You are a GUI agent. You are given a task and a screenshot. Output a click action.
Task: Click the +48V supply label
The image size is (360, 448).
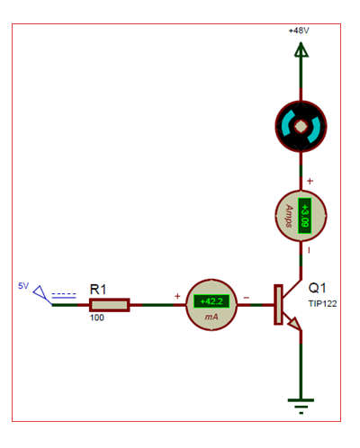pos(299,31)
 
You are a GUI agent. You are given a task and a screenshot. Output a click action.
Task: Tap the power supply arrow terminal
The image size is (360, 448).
pos(301,49)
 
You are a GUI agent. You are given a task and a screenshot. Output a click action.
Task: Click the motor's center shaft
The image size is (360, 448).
pos(301,127)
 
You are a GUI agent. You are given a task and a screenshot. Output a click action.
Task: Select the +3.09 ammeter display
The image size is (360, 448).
pos(305,215)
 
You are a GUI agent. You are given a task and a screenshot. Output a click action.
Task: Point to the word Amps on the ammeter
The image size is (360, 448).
pos(290,216)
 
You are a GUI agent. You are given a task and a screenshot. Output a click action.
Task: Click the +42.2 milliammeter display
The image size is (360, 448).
pos(211,301)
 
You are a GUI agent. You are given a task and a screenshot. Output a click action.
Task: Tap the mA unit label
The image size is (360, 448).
pos(211,317)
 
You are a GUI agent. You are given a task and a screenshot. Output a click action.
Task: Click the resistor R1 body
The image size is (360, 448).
pos(110,305)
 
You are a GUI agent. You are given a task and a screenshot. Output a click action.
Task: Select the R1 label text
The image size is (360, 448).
pos(98,290)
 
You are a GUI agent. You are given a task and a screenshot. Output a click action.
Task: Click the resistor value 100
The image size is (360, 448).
pos(97,318)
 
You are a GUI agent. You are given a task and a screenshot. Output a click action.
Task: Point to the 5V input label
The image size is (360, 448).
pos(23,286)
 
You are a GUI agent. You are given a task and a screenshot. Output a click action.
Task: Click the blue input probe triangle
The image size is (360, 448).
pos(40,292)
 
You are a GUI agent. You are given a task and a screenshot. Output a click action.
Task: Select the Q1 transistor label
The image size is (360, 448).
pos(317,288)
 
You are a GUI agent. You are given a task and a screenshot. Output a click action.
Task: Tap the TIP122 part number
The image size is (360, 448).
pos(322,304)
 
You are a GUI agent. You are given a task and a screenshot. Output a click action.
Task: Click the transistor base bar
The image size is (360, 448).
pos(278,305)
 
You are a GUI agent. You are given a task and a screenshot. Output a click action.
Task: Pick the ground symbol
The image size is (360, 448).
pos(301,407)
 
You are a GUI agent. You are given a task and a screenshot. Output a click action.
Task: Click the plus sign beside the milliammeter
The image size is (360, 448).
pos(177,296)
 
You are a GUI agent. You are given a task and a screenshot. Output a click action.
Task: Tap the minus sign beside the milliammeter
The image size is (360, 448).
pos(247,298)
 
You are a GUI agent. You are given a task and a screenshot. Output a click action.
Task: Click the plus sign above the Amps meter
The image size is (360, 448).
pos(310,181)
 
